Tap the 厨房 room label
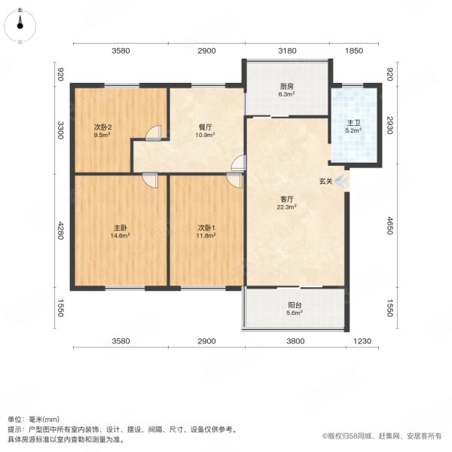(x=286, y=86)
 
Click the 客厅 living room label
(x=285, y=198)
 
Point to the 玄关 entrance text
(x=325, y=182)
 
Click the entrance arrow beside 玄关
(x=341, y=181)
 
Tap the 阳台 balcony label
(x=295, y=306)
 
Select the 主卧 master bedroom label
(x=121, y=227)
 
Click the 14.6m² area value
(x=121, y=235)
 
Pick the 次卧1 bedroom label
(x=207, y=227)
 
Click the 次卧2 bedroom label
(x=103, y=127)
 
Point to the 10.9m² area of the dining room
(x=206, y=136)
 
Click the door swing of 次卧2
(x=154, y=133)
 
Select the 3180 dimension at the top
(x=287, y=50)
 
